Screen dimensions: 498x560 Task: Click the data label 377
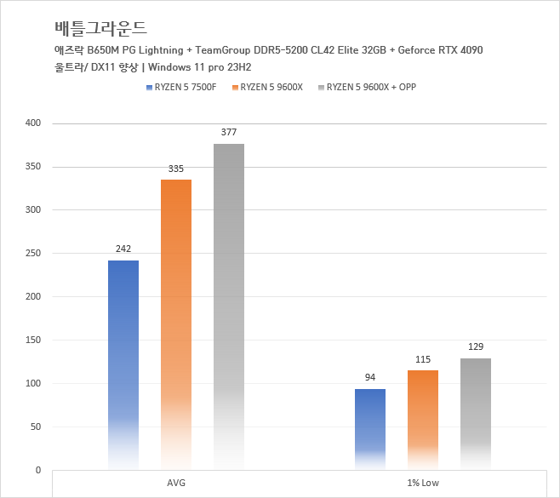pyautogui.click(x=229, y=133)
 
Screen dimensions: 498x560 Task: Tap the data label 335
pyautogui.click(x=176, y=169)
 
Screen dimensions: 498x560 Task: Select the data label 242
pyautogui.click(x=123, y=249)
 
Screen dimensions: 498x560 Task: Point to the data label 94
pyautogui.click(x=370, y=378)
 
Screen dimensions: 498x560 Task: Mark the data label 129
pyautogui.click(x=476, y=347)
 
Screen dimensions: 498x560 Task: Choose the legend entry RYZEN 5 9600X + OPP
pyautogui.click(x=371, y=88)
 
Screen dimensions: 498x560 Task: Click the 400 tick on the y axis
pyautogui.click(x=32, y=123)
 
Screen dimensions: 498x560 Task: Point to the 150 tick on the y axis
pyautogui.click(x=32, y=341)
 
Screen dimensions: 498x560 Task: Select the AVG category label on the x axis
pyautogui.click(x=176, y=484)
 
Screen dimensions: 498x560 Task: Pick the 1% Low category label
pyautogui.click(x=423, y=484)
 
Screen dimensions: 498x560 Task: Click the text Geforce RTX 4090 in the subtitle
pyautogui.click(x=436, y=50)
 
